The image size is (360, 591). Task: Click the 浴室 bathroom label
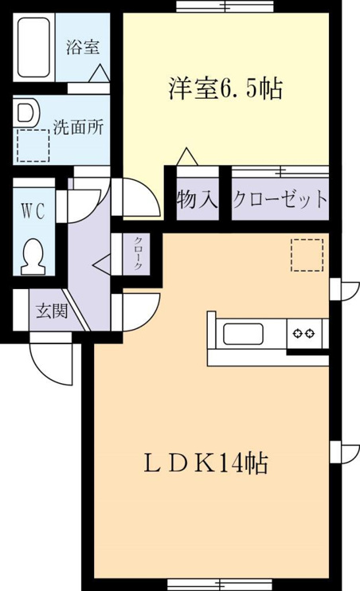tap(83, 48)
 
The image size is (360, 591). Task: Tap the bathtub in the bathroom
tap(34, 47)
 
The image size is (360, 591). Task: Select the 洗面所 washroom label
tap(78, 127)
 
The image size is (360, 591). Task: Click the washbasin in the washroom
tap(26, 112)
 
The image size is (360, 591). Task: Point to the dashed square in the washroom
tap(33, 146)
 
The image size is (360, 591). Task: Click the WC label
tap(33, 210)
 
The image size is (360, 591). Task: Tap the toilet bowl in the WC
tap(33, 256)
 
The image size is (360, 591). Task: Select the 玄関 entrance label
tap(52, 311)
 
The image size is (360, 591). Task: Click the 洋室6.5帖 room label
tap(225, 89)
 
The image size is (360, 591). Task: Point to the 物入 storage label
tap(198, 199)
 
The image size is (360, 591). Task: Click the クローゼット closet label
tap(280, 199)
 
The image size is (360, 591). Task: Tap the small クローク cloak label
tap(138, 253)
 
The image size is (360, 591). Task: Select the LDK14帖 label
tap(205, 464)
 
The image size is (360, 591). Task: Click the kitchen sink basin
tap(243, 335)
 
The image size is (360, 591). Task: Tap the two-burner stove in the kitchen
tap(304, 333)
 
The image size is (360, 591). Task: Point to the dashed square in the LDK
tap(307, 255)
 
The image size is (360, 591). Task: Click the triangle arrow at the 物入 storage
tap(186, 156)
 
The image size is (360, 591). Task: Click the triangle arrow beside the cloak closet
tap(102, 264)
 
